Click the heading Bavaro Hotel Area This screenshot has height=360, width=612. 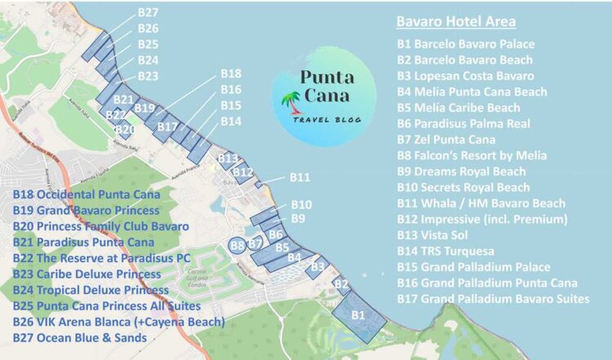(455, 21)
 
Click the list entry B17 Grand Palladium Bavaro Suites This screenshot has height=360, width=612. (493, 299)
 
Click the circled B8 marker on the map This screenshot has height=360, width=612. (237, 244)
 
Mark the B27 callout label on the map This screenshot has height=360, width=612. (148, 12)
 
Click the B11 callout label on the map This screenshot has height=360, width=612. (300, 177)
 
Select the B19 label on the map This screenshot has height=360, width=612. (144, 108)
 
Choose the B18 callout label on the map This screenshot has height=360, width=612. (231, 73)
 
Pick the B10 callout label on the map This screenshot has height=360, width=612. (301, 204)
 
